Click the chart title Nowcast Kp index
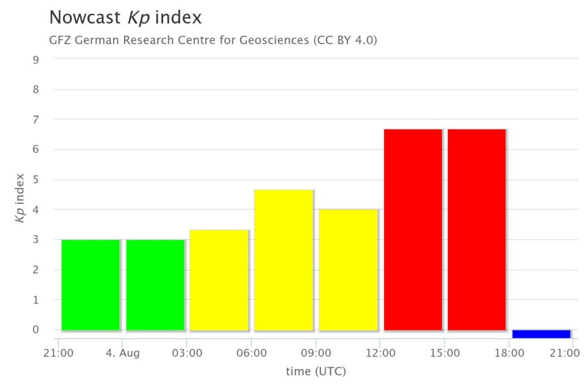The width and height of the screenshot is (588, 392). [x=125, y=17]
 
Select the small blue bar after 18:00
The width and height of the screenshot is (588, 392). [x=541, y=334]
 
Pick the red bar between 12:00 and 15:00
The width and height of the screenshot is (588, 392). [x=413, y=230]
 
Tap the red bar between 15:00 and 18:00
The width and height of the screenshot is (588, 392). [x=477, y=230]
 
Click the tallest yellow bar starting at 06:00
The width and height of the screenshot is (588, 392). [x=284, y=260]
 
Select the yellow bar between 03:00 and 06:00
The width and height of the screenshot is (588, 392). [x=219, y=280]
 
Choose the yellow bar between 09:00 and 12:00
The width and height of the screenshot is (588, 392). [x=349, y=270]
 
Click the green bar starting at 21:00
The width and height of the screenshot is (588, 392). [x=91, y=285]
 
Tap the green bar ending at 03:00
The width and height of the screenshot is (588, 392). [x=155, y=285]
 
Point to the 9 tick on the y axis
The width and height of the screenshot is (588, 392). [x=36, y=59]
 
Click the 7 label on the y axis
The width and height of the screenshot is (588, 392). [x=36, y=120]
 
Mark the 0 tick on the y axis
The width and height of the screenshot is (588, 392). [x=36, y=330]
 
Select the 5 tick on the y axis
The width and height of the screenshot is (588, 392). [x=36, y=179]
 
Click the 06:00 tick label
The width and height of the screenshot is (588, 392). [x=251, y=353]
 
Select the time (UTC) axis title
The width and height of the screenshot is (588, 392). [x=316, y=372]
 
